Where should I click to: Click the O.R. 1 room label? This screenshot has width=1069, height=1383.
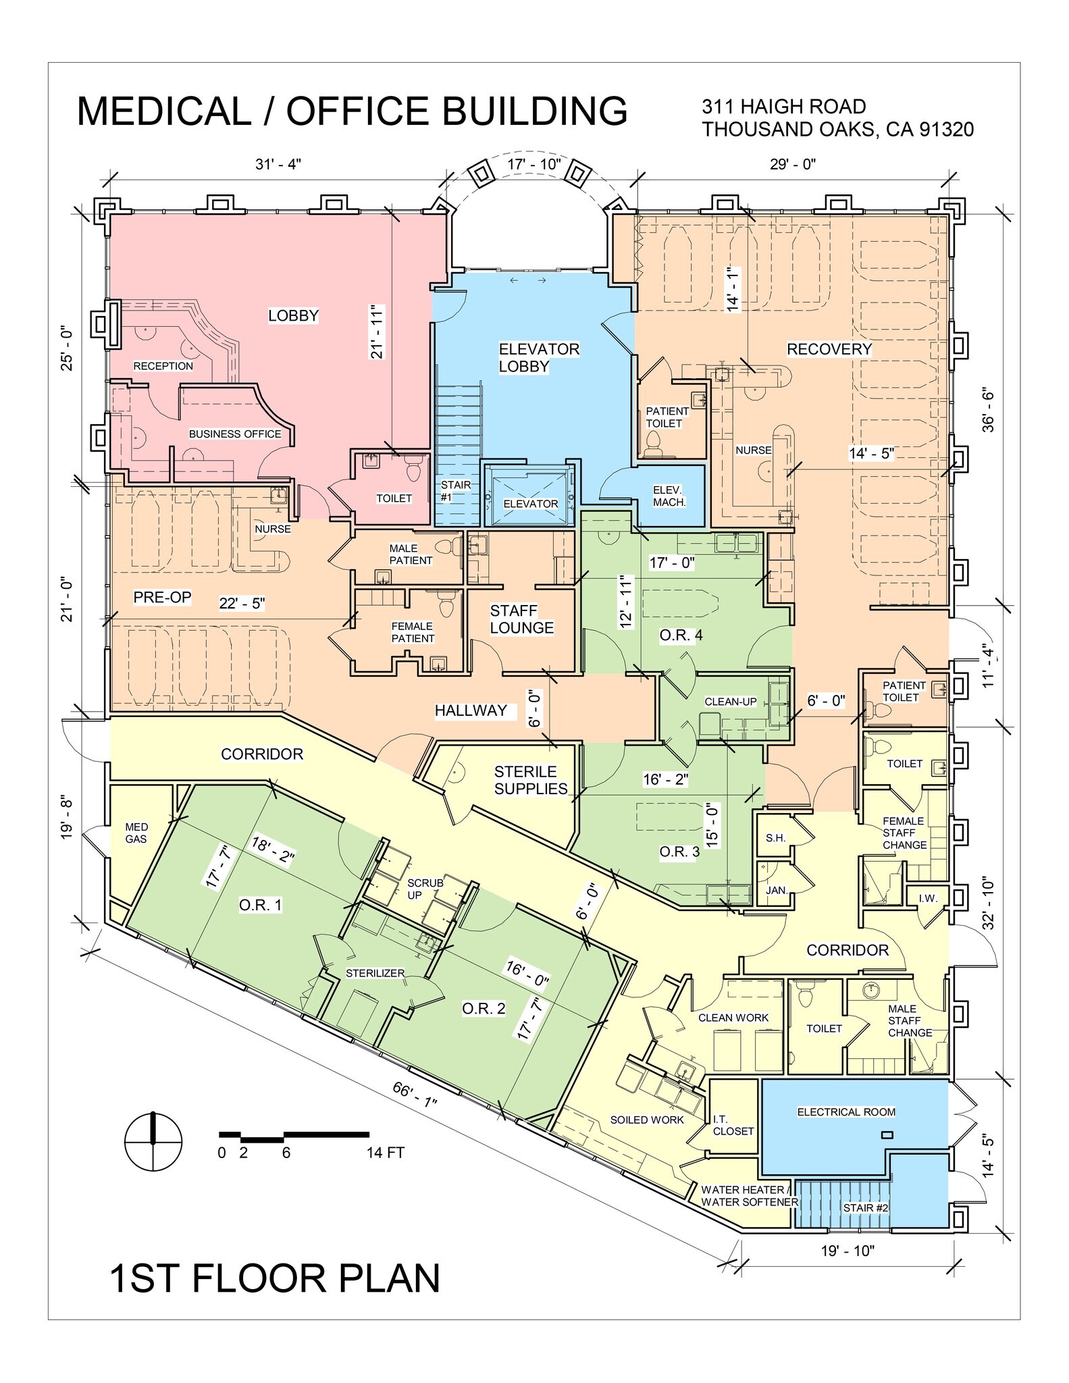(x=260, y=905)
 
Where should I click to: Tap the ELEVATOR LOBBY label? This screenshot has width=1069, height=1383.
(x=538, y=358)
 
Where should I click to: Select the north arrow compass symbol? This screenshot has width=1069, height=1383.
(x=154, y=1141)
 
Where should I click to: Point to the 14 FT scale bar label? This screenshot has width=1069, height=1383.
(x=385, y=1153)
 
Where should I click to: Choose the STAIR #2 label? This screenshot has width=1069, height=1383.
(x=865, y=1207)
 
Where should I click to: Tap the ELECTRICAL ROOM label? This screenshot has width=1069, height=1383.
(x=846, y=1112)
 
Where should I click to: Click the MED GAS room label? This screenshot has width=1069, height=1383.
(x=136, y=833)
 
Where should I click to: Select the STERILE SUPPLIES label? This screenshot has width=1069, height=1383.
(x=531, y=780)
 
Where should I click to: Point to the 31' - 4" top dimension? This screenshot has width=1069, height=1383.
(x=278, y=165)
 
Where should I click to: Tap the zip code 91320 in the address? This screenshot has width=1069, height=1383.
(x=947, y=129)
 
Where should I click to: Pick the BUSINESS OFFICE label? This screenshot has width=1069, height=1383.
(x=234, y=434)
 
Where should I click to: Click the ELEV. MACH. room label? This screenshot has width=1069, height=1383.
(x=669, y=496)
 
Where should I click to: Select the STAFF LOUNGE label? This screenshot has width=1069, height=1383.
(x=521, y=619)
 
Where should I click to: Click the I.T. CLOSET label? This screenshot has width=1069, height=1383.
(x=733, y=1125)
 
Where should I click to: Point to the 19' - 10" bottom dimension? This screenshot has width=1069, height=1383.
(x=847, y=1251)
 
